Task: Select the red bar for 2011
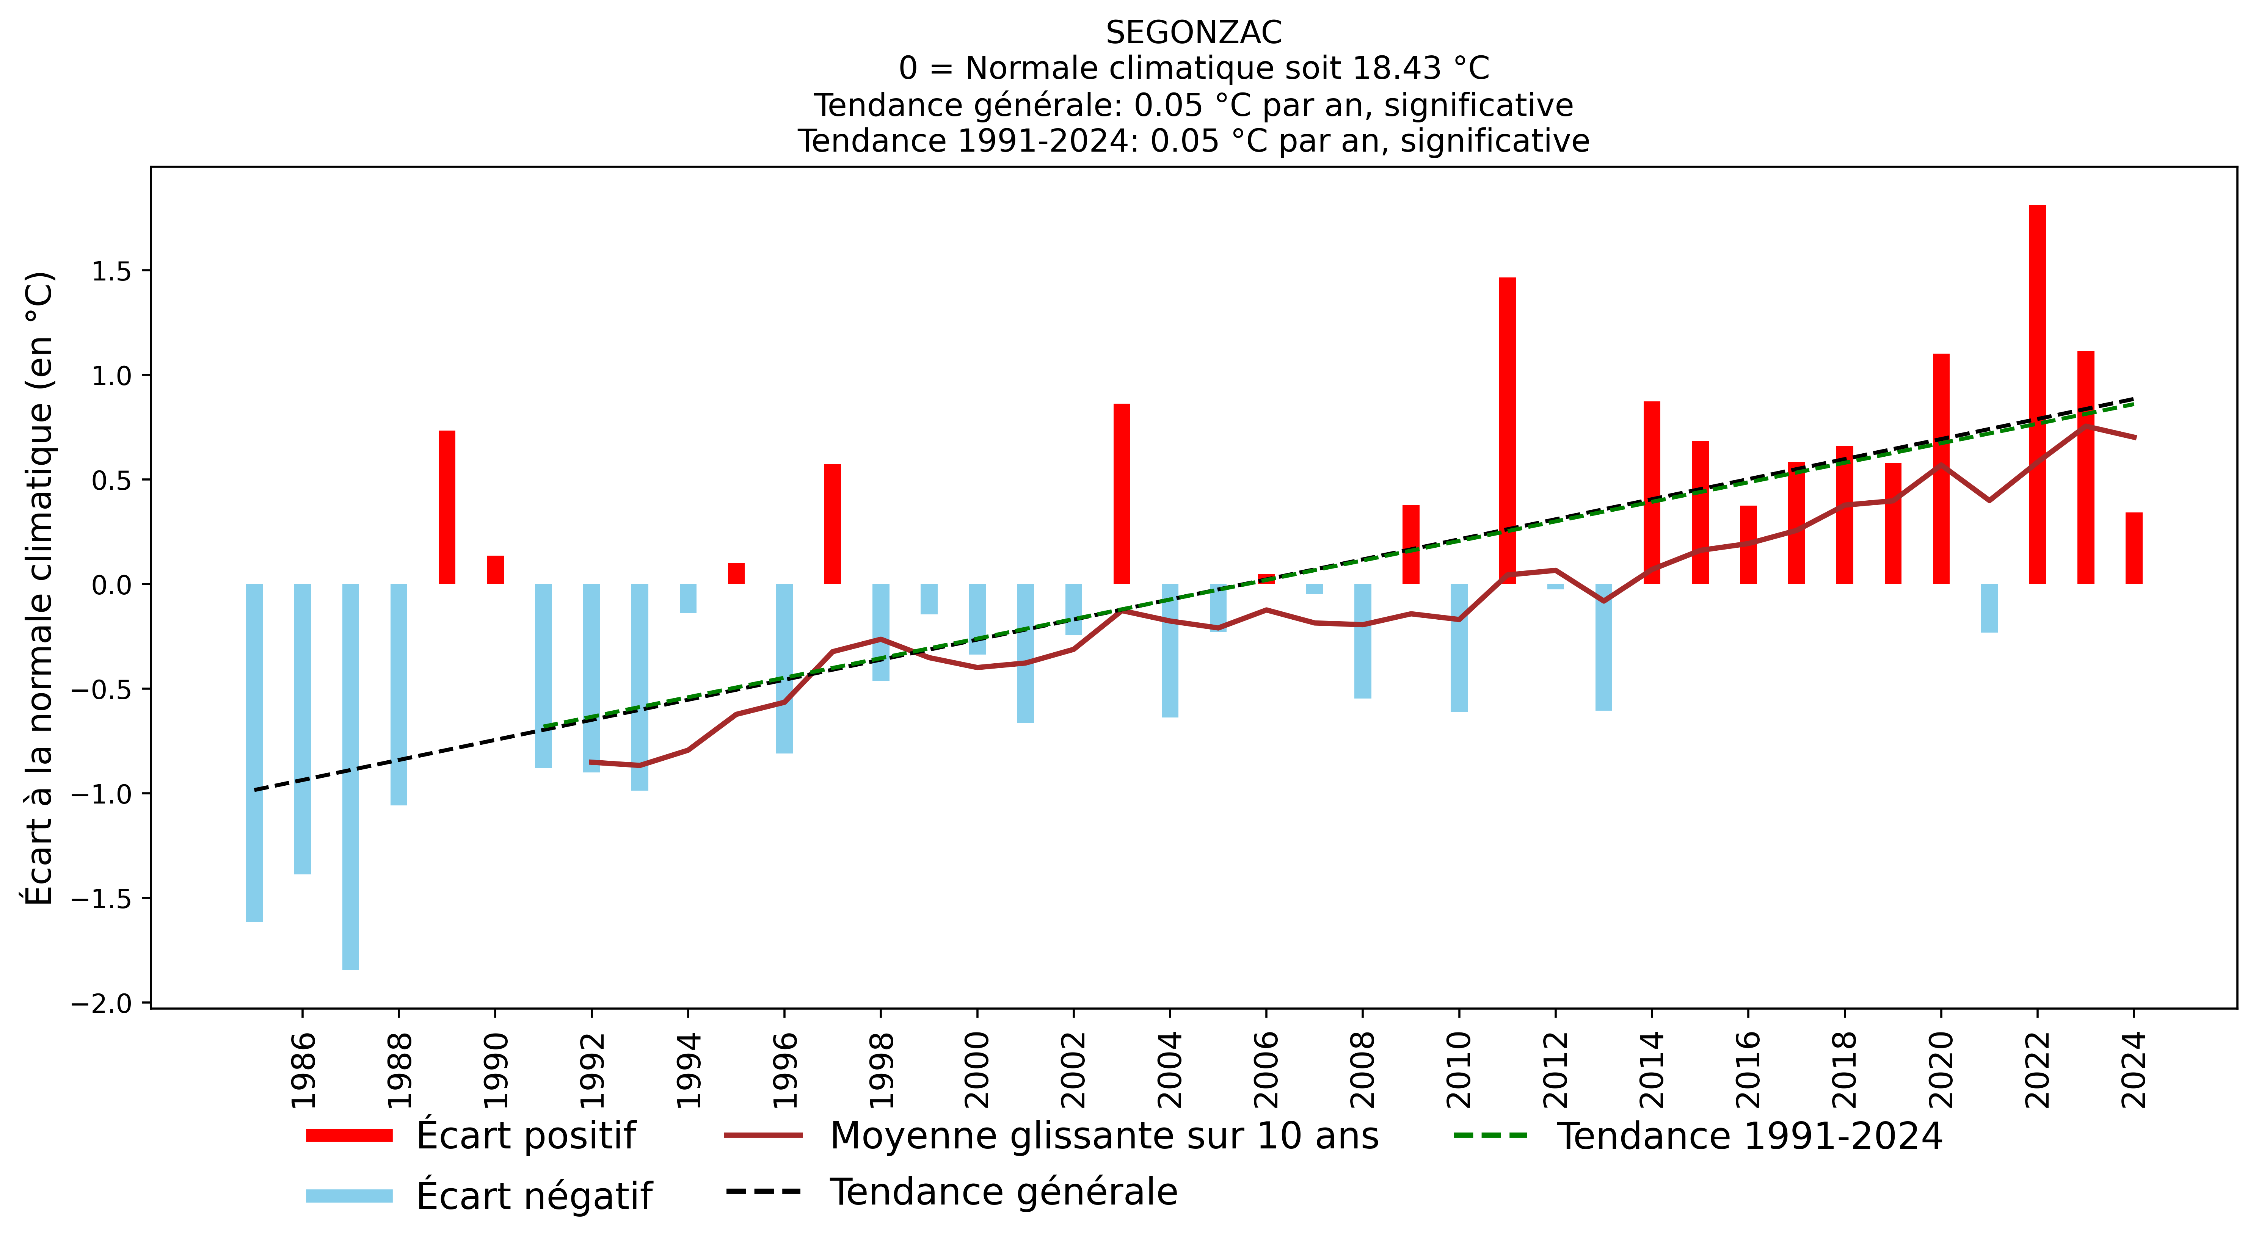pyautogui.click(x=1507, y=431)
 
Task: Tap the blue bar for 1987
pyautogui.click(x=350, y=777)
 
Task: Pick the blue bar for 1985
pyautogui.click(x=254, y=753)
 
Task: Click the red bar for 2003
pyautogui.click(x=1122, y=494)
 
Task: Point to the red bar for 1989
pyautogui.click(x=447, y=508)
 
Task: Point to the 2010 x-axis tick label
pyautogui.click(x=1459, y=1070)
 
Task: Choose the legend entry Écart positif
pyautogui.click(x=526, y=1135)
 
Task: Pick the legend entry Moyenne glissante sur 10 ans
pyautogui.click(x=1103, y=1135)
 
